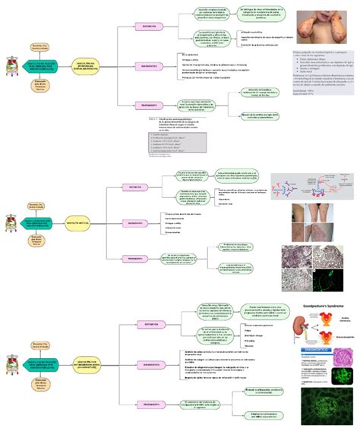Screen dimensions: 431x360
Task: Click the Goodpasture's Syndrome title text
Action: pos(325,307)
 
